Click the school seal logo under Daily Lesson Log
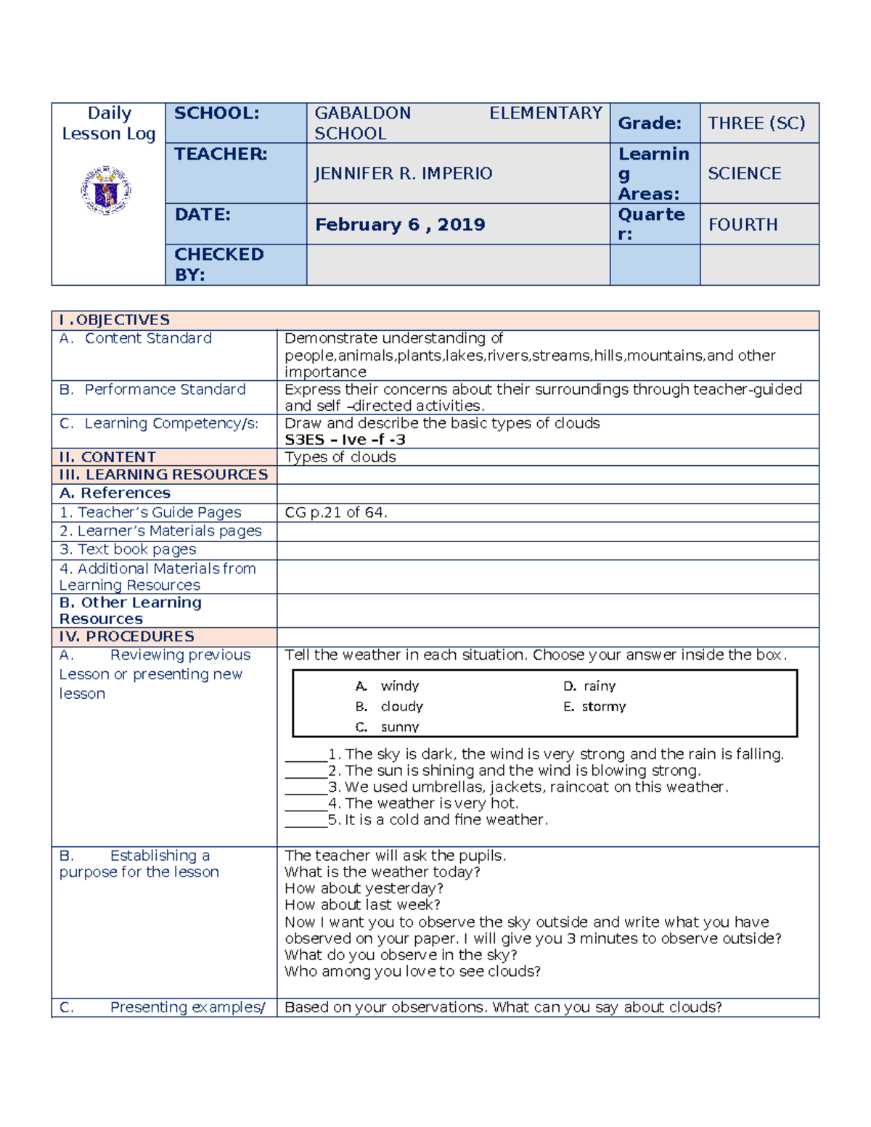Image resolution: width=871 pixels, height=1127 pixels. tap(106, 190)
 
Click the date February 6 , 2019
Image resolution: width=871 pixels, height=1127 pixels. tap(400, 224)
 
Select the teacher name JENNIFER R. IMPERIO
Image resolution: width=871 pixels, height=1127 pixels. tap(403, 173)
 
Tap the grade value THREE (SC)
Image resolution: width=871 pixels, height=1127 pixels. tap(756, 123)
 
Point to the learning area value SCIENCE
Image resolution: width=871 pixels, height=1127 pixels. tap(744, 173)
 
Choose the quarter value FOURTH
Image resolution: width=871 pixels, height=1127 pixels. tap(743, 224)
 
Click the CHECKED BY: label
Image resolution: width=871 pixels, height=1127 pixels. tap(218, 264)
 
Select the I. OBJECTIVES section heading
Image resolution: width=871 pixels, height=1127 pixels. tap(115, 320)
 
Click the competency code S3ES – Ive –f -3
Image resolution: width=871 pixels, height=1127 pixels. tap(345, 440)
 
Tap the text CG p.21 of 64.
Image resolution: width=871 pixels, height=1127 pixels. tap(335, 512)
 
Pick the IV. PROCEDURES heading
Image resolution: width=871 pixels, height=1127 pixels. tap(127, 636)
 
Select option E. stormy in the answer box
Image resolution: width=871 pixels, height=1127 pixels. tap(594, 706)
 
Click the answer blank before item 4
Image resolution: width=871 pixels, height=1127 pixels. tap(306, 804)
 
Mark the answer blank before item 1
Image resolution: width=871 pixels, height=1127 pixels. tap(306, 755)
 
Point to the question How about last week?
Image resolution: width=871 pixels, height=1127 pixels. tap(362, 905)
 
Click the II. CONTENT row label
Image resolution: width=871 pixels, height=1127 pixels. tap(107, 457)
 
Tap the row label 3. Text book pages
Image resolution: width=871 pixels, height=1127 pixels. tap(128, 549)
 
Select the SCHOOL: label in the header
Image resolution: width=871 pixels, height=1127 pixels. tap(216, 113)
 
